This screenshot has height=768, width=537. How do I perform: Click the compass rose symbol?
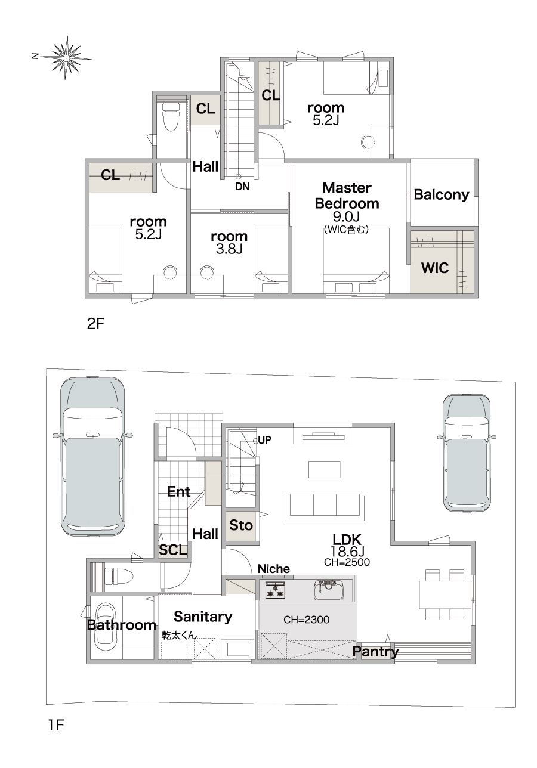[65, 58]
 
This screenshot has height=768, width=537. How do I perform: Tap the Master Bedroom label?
[347, 196]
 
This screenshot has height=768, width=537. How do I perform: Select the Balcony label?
[442, 194]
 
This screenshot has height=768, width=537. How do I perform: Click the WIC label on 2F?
[435, 268]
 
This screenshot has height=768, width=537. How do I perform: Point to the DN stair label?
[242, 187]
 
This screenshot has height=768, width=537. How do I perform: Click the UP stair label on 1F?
[264, 440]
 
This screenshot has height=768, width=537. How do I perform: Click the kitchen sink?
[329, 589]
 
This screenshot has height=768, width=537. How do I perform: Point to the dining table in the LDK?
[445, 594]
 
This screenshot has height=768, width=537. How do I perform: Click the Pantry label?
[375, 651]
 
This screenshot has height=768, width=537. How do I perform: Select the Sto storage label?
[241, 525]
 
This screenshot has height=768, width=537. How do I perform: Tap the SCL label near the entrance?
[173, 550]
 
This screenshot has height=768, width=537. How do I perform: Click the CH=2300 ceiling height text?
[307, 620]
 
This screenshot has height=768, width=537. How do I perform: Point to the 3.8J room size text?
[229, 249]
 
